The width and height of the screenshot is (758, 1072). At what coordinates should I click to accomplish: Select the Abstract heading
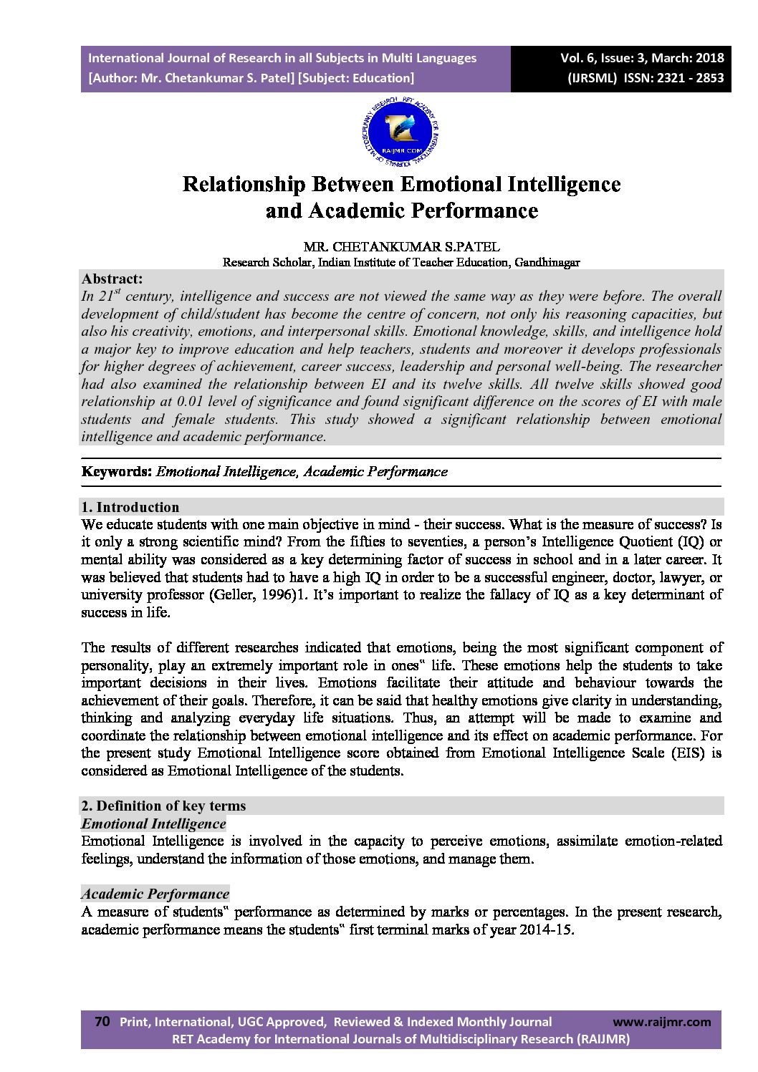[x=112, y=279]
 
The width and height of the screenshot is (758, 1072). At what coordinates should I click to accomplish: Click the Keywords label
[x=117, y=472]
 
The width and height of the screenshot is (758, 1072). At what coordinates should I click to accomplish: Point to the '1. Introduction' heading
[x=130, y=508]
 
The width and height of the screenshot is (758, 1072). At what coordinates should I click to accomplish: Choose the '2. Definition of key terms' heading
[x=163, y=806]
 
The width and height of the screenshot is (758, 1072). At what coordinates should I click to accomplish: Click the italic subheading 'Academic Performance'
[x=155, y=894]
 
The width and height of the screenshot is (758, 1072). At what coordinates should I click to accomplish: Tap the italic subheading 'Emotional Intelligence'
[x=153, y=824]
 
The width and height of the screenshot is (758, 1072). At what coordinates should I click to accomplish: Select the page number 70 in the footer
[x=102, y=1022]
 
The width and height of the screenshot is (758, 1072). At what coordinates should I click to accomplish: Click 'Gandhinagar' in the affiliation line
[x=547, y=262]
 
